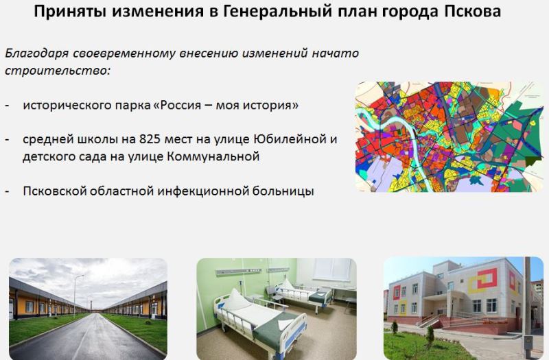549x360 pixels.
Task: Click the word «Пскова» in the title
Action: click(x=472, y=12)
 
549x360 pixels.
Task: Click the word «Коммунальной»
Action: click(x=213, y=156)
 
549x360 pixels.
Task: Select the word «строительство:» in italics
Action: click(x=58, y=70)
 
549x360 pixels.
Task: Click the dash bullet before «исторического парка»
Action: click(x=8, y=106)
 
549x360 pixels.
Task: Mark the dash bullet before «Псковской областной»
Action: click(x=8, y=192)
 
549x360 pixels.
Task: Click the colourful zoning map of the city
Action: click(x=449, y=136)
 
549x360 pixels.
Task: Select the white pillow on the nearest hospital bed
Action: click(x=237, y=300)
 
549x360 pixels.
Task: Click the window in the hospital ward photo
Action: click(x=331, y=269)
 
